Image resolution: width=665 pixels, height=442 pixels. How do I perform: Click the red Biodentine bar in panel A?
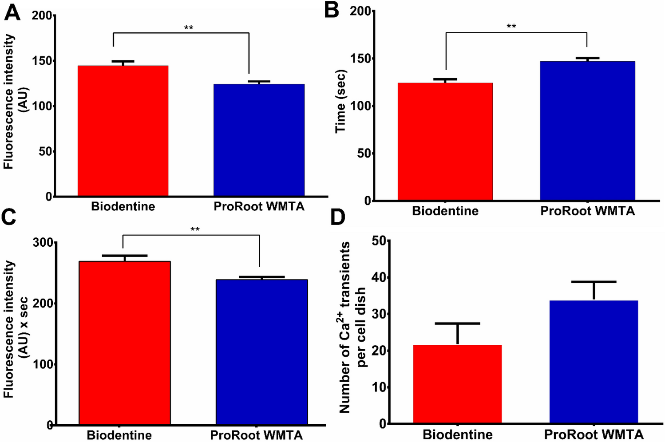pyautogui.click(x=123, y=131)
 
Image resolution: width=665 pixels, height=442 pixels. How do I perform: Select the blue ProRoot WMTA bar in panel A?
pyautogui.click(x=259, y=140)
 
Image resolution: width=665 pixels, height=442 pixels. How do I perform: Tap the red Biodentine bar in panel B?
pyautogui.click(x=445, y=141)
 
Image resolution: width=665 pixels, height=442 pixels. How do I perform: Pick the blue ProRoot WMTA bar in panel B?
pyautogui.click(x=587, y=130)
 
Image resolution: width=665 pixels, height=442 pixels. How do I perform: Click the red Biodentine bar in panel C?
pyautogui.click(x=124, y=343)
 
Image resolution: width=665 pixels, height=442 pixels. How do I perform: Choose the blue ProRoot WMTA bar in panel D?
pyautogui.click(x=594, y=362)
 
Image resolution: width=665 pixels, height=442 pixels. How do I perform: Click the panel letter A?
pyautogui.click(x=12, y=12)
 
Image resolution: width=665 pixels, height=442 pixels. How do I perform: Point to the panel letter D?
pyautogui.click(x=338, y=218)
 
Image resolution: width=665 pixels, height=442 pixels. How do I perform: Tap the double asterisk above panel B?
pyautogui.click(x=511, y=27)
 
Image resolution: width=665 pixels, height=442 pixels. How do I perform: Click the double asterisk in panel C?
pyautogui.click(x=195, y=229)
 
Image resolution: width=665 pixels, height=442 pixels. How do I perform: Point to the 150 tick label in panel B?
pyautogui.click(x=360, y=59)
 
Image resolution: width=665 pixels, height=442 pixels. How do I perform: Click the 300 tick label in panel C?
pyautogui.click(x=43, y=242)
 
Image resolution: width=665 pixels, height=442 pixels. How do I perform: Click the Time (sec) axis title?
pyautogui.click(x=340, y=101)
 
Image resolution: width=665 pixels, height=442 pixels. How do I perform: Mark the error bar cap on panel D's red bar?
pyautogui.click(x=457, y=324)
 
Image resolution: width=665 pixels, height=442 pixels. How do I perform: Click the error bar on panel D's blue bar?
pyautogui.click(x=594, y=290)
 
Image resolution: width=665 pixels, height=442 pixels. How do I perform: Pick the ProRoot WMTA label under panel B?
pyautogui.click(x=587, y=211)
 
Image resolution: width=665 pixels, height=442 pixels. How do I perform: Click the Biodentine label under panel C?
pyautogui.click(x=119, y=435)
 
